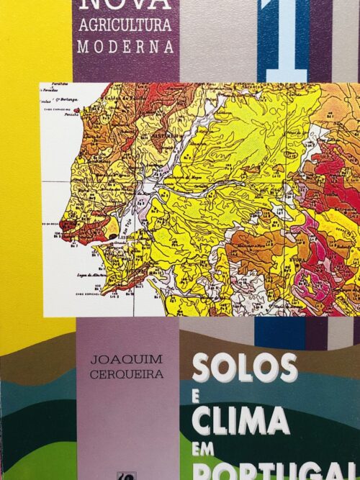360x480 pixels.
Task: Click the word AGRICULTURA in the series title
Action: (124, 27)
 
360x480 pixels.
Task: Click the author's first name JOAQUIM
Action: (126, 359)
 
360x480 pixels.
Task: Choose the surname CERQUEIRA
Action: (126, 374)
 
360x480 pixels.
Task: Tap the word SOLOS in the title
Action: (244, 368)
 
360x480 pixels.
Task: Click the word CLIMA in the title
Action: (240, 421)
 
